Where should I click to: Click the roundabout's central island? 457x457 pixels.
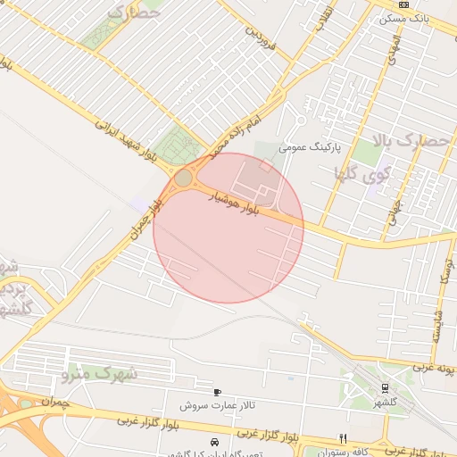pos(183,179)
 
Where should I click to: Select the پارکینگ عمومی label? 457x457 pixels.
pos(305,146)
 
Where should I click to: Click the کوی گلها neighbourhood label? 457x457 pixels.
pos(356,172)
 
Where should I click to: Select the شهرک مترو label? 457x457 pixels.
pos(104,372)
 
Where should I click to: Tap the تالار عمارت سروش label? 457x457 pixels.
pos(216,405)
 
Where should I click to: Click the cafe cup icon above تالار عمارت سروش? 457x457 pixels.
pos(217,392)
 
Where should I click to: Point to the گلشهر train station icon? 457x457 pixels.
pos(385,388)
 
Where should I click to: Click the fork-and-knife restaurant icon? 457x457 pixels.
pos(343,437)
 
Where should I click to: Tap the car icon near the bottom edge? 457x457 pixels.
pos(213,442)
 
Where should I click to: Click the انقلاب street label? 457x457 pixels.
pos(326,18)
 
